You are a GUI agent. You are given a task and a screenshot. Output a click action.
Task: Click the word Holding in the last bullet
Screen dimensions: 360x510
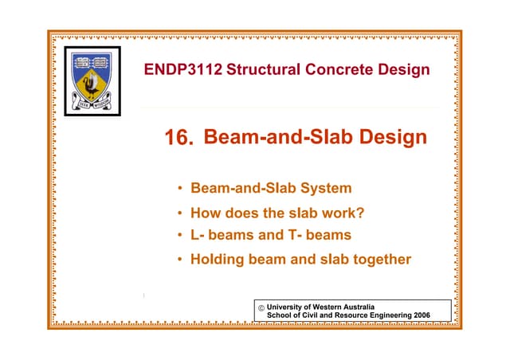coord(218,259)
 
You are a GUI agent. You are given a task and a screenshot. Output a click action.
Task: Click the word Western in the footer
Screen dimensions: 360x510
coord(328,307)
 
